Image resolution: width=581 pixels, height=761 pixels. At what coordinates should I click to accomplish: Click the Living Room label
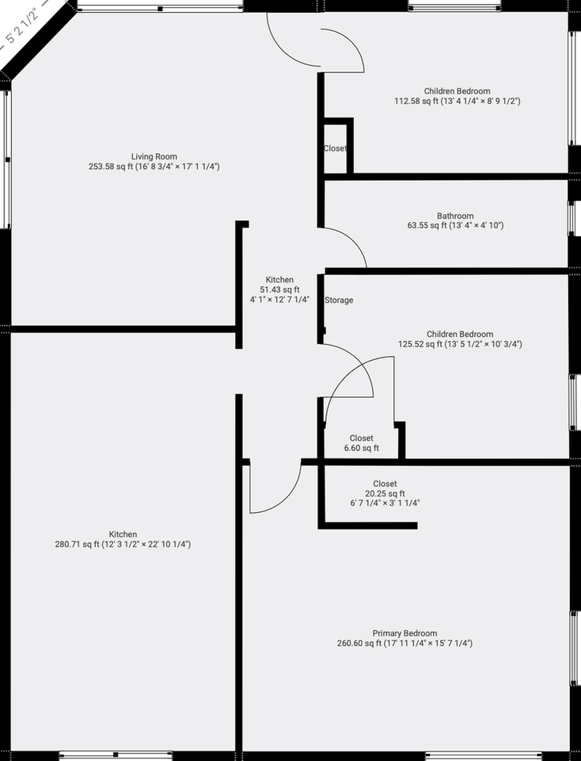[x=154, y=156]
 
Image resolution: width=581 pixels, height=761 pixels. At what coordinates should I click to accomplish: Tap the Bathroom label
[x=455, y=216]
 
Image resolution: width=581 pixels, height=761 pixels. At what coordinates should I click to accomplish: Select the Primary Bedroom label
[x=404, y=633]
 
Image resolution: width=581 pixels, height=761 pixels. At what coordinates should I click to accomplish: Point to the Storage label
[x=339, y=300]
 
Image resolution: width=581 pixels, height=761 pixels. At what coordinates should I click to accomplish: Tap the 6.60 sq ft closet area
[x=361, y=449]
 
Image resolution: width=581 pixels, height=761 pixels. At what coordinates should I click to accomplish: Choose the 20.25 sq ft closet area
[x=385, y=493]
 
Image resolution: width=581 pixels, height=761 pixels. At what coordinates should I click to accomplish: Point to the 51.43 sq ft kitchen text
[x=279, y=290]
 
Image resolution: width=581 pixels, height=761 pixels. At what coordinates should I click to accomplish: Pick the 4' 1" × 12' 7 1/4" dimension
[x=279, y=300]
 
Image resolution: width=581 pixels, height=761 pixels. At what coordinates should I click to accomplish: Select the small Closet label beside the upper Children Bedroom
[x=335, y=149]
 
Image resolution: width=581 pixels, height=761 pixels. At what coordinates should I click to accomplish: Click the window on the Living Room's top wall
[x=161, y=8]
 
